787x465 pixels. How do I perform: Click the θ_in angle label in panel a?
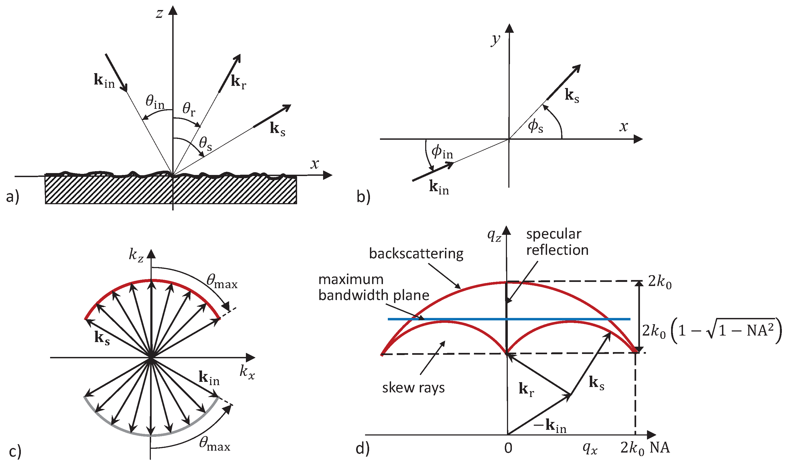[155, 102]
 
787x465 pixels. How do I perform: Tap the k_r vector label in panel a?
[238, 82]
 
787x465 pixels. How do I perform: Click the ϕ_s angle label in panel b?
[535, 126]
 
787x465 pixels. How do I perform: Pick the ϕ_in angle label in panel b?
[442, 152]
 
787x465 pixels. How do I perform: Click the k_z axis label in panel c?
[136, 255]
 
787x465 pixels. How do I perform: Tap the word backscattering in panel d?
[416, 253]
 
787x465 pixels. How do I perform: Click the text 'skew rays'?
[413, 388]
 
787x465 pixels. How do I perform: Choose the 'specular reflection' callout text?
[557, 242]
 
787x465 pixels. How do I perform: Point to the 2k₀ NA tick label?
[645, 448]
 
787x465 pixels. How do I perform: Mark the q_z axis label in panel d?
[494, 236]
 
